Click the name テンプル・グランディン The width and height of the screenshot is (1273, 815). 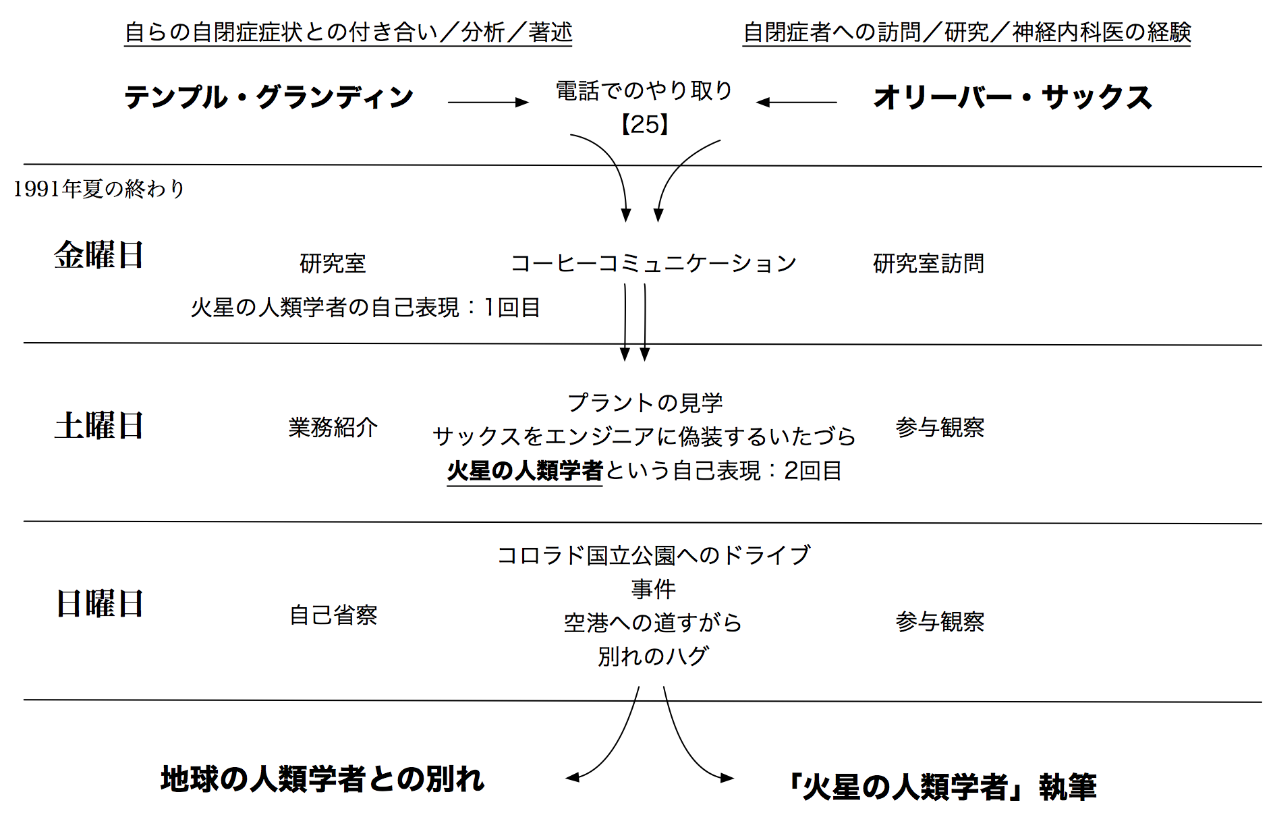(268, 97)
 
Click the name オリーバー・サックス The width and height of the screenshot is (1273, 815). (1013, 97)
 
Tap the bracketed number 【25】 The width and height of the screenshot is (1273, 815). (644, 124)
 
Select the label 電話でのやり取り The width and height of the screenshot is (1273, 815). (644, 90)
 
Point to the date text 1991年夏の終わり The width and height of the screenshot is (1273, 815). (98, 189)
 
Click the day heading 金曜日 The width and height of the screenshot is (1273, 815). (98, 255)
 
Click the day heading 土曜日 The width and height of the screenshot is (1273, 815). (98, 426)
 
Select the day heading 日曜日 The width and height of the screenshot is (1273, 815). (98, 603)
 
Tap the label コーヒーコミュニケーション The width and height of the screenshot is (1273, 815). (653, 263)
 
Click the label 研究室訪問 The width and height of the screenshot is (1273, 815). (928, 263)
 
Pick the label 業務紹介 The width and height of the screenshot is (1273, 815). (333, 427)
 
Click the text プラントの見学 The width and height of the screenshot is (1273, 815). (645, 403)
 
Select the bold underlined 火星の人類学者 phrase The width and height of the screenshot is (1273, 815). (525, 471)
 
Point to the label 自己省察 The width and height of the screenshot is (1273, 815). (333, 615)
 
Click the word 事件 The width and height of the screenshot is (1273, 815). (653, 589)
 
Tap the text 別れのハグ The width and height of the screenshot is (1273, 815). (653, 656)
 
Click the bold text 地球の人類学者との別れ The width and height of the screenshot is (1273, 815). (322, 779)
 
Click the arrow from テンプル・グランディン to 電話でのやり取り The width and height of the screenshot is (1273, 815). (488, 103)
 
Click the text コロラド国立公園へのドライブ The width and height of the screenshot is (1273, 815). (653, 555)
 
